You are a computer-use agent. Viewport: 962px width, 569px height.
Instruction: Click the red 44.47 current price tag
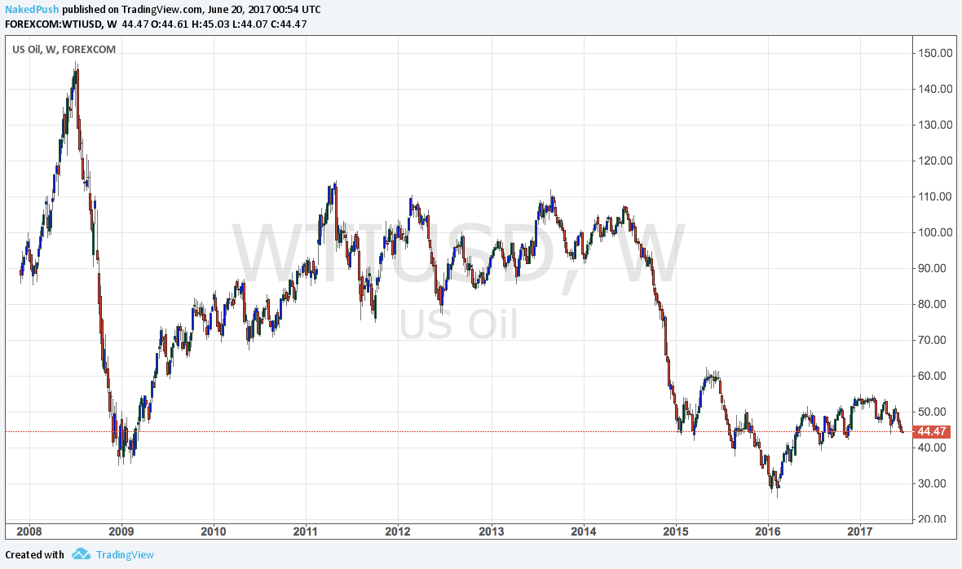pos(930,431)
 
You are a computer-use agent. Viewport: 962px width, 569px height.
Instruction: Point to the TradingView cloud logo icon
pos(81,554)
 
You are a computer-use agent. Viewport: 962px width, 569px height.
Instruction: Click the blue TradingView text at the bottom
pos(125,555)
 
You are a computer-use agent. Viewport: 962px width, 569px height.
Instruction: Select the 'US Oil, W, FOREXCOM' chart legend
pos(64,49)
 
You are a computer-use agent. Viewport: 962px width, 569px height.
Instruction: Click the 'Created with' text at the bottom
pos(34,555)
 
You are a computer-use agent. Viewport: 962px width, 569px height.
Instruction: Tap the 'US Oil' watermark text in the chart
pos(458,325)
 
